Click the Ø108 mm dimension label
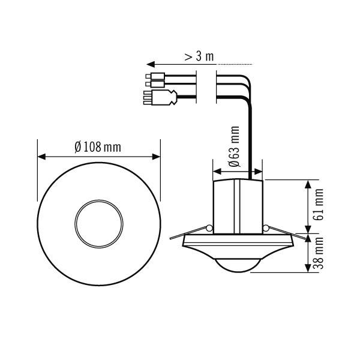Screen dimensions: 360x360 (98, 147)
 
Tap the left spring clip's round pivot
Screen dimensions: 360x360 (208, 228)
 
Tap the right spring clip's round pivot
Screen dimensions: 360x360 (266, 228)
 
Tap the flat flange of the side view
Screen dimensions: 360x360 (238, 243)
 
